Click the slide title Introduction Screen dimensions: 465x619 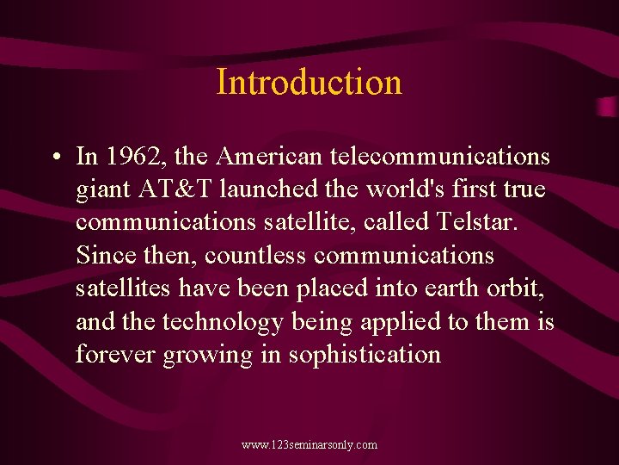tap(309, 83)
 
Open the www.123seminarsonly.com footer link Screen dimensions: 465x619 tap(309, 445)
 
